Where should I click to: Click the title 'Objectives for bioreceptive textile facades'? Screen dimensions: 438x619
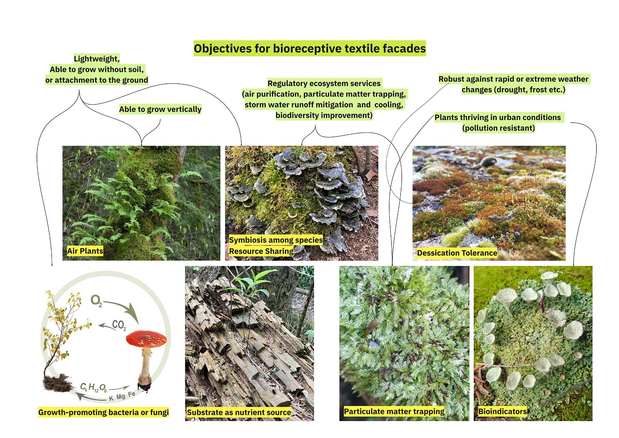pyautogui.click(x=309, y=49)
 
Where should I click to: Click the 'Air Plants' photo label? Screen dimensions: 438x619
pyautogui.click(x=85, y=251)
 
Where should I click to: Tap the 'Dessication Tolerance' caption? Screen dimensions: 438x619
pyautogui.click(x=457, y=253)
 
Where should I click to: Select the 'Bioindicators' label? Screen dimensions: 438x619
pyautogui.click(x=502, y=412)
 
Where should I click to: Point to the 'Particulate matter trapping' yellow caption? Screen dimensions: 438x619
pyautogui.click(x=394, y=412)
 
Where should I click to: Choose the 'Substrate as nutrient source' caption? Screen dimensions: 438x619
pyautogui.click(x=239, y=413)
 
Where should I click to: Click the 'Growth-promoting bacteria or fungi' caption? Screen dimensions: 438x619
pyautogui.click(x=103, y=412)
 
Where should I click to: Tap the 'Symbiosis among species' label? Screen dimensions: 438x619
pyautogui.click(x=276, y=240)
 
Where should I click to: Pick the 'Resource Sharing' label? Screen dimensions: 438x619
pyautogui.click(x=261, y=252)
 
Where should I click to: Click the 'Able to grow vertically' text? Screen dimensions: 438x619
pyautogui.click(x=160, y=109)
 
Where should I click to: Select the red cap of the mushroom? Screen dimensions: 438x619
pyautogui.click(x=146, y=339)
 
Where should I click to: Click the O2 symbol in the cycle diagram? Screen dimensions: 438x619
pyautogui.click(x=96, y=301)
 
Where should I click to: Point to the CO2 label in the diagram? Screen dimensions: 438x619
pyautogui.click(x=119, y=325)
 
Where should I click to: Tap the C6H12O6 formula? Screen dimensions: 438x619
pyautogui.click(x=93, y=387)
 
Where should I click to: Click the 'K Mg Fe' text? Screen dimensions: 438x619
pyautogui.click(x=122, y=396)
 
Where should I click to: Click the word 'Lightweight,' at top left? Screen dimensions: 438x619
pyautogui.click(x=97, y=59)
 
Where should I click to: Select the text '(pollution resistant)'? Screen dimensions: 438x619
pyautogui.click(x=498, y=128)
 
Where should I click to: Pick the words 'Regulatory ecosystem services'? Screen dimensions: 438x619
pyautogui.click(x=324, y=83)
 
